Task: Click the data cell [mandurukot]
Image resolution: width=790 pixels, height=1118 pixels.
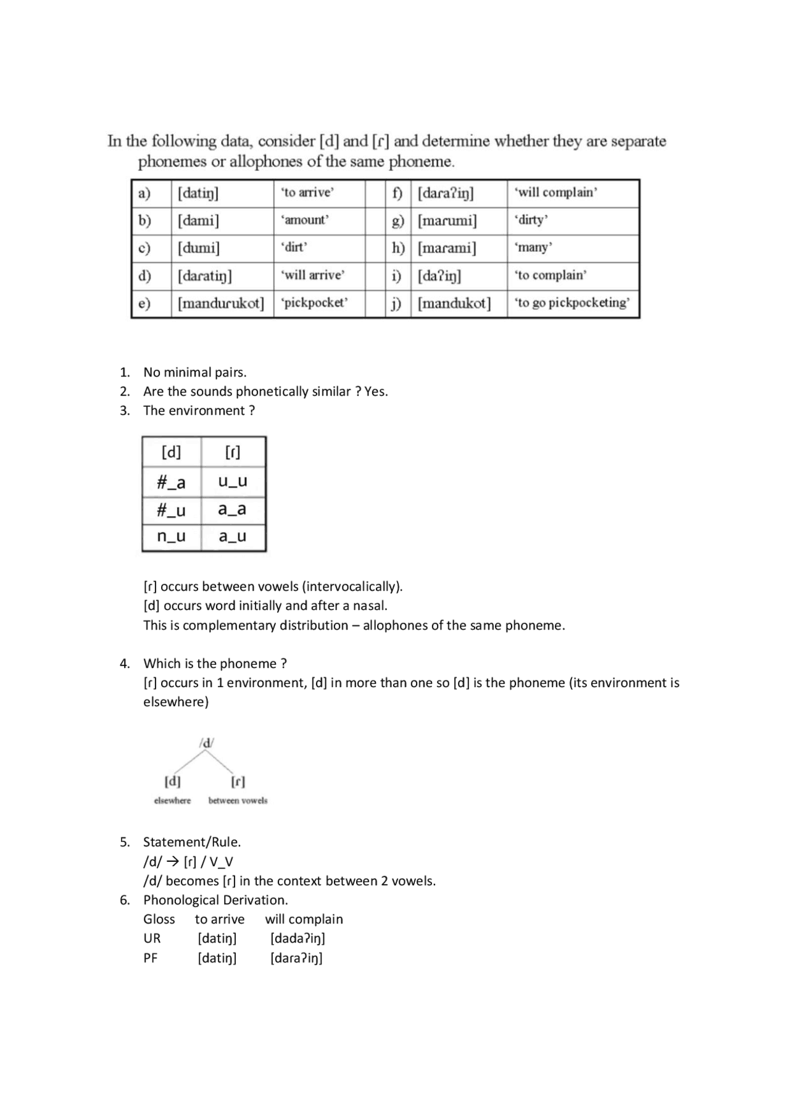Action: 221,303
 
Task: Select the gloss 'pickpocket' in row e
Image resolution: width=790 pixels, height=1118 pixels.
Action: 314,302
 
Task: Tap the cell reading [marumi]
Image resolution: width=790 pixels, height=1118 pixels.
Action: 447,220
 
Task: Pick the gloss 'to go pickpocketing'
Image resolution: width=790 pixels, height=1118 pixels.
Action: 572,302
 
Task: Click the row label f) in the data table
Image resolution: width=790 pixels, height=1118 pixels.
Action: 397,193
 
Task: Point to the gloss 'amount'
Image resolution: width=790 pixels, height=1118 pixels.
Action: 305,220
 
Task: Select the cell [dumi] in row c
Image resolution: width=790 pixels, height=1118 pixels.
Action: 199,248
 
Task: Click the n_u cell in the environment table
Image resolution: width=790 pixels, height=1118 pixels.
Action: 171,536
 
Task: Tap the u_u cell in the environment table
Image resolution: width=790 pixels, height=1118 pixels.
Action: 233,481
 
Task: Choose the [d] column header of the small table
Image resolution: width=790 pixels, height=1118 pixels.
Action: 171,452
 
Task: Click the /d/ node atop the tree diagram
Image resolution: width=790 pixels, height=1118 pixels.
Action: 207,743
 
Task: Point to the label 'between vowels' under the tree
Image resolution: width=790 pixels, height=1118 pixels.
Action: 238,801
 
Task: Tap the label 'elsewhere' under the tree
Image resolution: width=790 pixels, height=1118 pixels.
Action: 172,801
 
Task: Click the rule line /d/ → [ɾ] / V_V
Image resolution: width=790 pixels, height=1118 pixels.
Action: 188,861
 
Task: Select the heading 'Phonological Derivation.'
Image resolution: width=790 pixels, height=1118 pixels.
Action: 215,899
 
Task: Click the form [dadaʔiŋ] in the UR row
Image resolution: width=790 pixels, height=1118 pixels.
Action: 297,938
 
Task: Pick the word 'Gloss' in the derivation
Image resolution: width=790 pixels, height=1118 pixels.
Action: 159,919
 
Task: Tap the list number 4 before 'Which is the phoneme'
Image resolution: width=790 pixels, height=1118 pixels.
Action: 124,664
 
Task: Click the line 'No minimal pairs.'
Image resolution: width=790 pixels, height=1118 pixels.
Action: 194,372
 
